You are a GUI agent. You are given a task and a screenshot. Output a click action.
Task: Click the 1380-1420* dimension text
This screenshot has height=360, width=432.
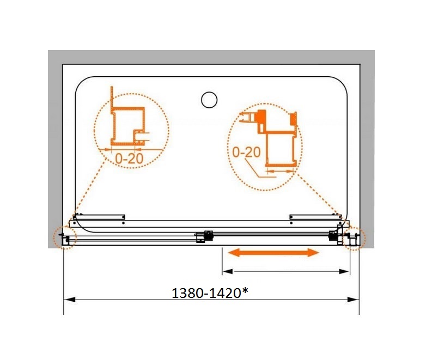pos(210,293)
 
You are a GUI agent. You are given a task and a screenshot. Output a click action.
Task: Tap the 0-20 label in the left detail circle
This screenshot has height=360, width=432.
pos(129,158)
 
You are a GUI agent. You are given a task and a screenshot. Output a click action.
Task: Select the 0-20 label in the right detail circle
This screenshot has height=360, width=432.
pos(246,152)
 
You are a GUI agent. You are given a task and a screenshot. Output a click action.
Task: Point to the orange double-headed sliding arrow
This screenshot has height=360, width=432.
pos(273,252)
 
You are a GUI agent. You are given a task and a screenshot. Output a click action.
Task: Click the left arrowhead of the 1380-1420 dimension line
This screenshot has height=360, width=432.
pos(69,300)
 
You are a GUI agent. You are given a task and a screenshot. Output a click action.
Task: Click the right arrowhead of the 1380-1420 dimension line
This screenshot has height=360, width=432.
pos(354,300)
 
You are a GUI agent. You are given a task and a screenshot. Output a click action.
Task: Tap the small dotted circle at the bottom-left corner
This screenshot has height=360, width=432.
pos(65,237)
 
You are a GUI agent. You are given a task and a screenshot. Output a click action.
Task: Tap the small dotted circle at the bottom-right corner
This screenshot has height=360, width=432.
pos(355,238)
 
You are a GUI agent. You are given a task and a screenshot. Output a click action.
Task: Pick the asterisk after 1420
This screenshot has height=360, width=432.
pos(245,291)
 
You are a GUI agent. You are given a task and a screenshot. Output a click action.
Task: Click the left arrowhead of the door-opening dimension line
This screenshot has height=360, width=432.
pos(228,272)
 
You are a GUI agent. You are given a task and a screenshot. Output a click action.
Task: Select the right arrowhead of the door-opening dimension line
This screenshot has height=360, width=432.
pos(344,272)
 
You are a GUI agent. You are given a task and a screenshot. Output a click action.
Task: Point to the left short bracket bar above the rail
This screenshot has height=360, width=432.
pos(99,217)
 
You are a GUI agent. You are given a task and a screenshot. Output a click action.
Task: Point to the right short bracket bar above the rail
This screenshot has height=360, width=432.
pos(316,217)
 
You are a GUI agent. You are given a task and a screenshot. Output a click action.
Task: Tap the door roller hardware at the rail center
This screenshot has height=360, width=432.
pos(204,236)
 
